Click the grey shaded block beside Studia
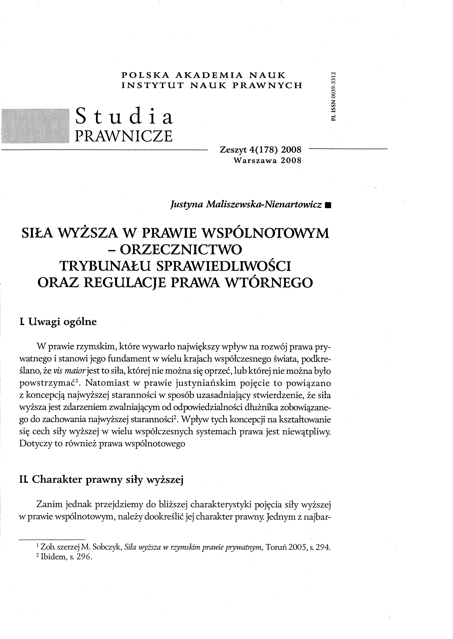click(35, 125)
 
